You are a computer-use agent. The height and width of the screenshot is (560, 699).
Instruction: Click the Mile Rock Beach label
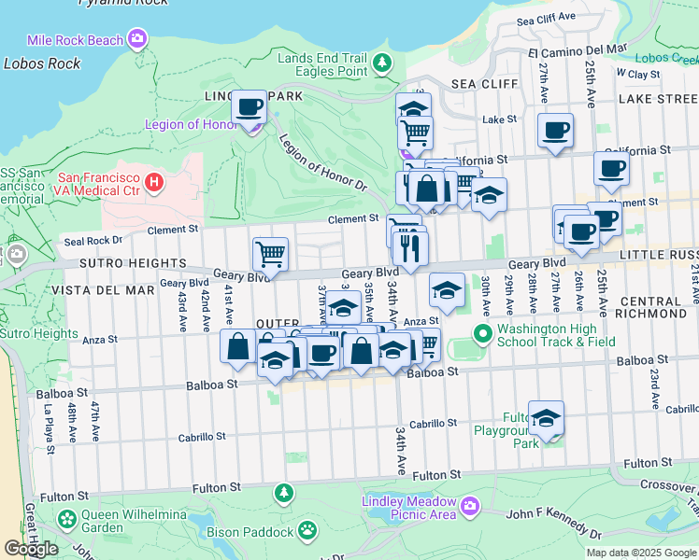pos(77,40)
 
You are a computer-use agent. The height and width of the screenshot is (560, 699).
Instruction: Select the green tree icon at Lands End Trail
pos(381,63)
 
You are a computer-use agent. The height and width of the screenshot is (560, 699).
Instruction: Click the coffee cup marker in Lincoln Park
pos(250,108)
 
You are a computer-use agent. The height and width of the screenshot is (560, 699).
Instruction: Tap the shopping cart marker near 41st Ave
pos(270,253)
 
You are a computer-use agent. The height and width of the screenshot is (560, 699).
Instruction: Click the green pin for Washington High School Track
pos(481,333)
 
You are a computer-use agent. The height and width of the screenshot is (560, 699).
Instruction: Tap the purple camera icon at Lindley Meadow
pos(469,507)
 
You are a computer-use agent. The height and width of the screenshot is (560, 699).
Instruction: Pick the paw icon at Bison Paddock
pos(307,531)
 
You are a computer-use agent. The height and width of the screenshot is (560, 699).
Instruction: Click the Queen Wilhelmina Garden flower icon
pos(66,518)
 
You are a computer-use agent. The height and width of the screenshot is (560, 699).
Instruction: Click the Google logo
pos(31,549)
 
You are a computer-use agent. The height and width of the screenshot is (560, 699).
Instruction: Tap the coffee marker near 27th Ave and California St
pos(555,132)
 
